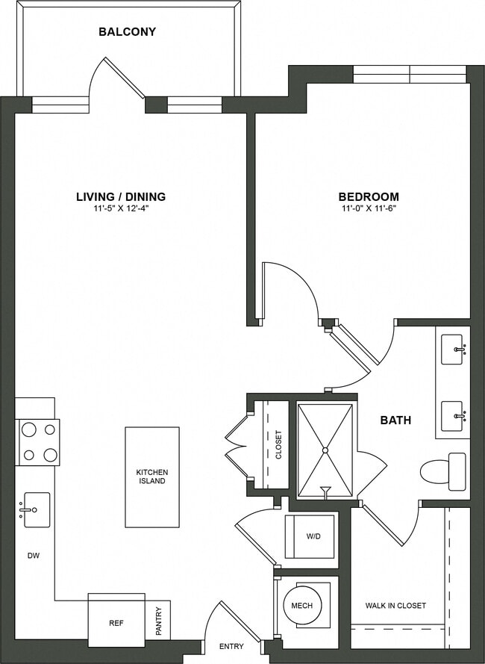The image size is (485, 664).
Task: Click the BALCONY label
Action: [127, 32]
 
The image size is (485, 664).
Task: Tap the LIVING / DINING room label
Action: [121, 197]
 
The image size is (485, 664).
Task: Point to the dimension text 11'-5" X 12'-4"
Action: [121, 209]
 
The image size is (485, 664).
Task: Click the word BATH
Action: [395, 421]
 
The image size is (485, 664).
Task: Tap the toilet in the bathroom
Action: [443, 471]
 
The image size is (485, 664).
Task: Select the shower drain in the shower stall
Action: [325, 450]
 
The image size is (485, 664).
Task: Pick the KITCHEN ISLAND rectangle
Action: [152, 477]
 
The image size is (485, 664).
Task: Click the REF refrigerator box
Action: [116, 621]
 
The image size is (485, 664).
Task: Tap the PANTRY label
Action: [158, 620]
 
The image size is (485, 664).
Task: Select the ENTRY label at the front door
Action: [232, 646]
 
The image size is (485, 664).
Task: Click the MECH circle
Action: [302, 606]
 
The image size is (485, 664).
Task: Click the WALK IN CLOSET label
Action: [395, 606]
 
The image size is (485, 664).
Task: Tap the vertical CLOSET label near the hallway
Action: [278, 444]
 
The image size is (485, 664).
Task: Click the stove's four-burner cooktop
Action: [38, 442]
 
